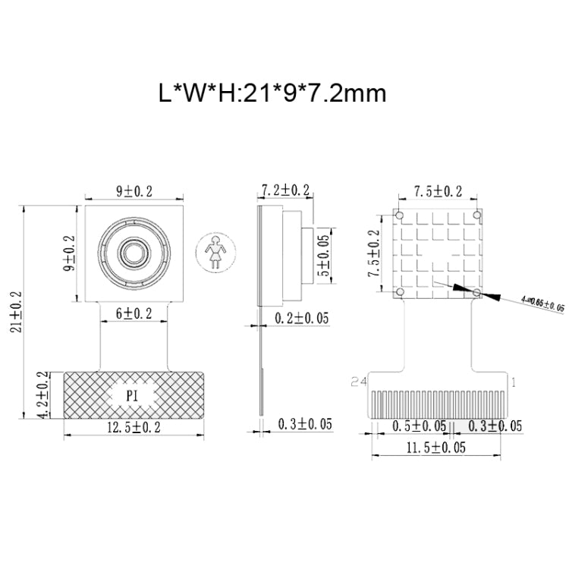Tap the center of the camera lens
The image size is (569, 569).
tap(134, 251)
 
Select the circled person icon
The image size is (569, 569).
tap(214, 250)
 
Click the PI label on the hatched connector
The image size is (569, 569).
tap(134, 395)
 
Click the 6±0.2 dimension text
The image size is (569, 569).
tap(134, 313)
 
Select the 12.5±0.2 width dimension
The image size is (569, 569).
tap(134, 427)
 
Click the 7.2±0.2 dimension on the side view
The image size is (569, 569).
tap(285, 190)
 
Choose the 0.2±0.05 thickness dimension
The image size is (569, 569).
tap(301, 319)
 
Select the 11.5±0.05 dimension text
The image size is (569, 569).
tap(435, 448)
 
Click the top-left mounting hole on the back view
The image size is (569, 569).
tap(399, 216)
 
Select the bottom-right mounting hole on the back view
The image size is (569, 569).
tap(476, 292)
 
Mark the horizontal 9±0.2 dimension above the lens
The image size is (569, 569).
tap(134, 192)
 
